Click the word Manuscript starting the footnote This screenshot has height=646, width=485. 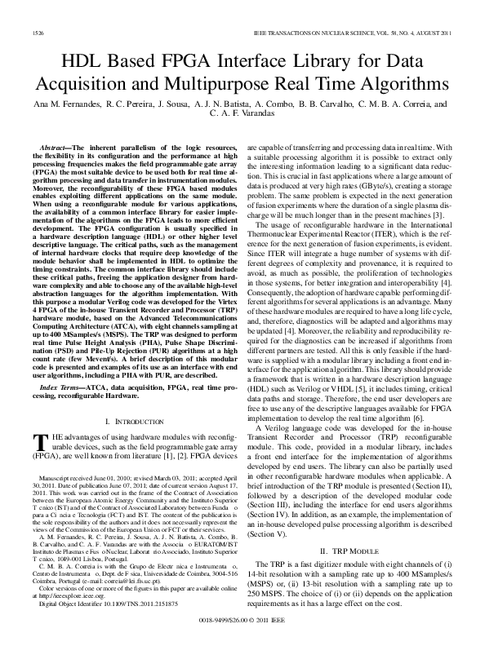(54, 475)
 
